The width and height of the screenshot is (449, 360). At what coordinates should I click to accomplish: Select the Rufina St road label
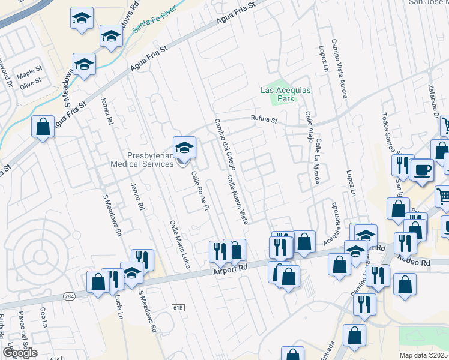point(265,120)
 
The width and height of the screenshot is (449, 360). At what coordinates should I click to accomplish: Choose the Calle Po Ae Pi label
point(199,191)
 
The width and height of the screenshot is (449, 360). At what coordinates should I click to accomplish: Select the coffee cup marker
point(421,170)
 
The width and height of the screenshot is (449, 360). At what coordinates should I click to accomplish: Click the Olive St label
point(30,81)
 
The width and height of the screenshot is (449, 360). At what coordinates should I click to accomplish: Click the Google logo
point(20,353)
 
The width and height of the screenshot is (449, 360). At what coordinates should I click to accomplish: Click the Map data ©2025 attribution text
point(424,355)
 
